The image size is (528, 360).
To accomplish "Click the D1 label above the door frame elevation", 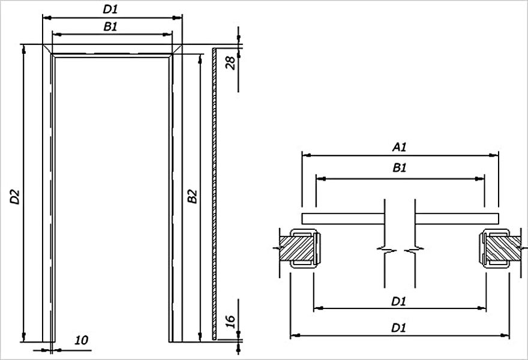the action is coord(110,10).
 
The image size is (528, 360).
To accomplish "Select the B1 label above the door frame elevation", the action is coord(110,26).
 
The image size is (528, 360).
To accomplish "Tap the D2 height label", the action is coord(15,197).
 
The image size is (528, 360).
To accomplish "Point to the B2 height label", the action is coord(192,197).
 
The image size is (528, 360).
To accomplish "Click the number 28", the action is coord(230,62).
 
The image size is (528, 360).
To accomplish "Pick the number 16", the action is coord(230,322).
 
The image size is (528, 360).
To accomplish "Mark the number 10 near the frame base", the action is coord(81,340).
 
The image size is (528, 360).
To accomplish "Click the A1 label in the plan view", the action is coord(400,147).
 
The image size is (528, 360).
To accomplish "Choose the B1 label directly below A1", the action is coord(400,168).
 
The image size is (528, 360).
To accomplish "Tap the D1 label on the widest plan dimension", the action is coord(398,328).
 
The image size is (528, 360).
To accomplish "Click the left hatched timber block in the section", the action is coord(296,248).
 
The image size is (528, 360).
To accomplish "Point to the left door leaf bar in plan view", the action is coord(343,218).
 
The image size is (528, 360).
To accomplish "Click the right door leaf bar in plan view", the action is coord(457,218).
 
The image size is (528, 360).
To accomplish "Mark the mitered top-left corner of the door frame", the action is coord(47,49).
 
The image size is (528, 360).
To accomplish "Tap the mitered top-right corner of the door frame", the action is coord(177,49).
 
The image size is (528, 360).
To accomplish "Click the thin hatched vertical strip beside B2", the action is coord(214,194).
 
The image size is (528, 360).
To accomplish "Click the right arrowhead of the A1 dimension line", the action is coord(494,155).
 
